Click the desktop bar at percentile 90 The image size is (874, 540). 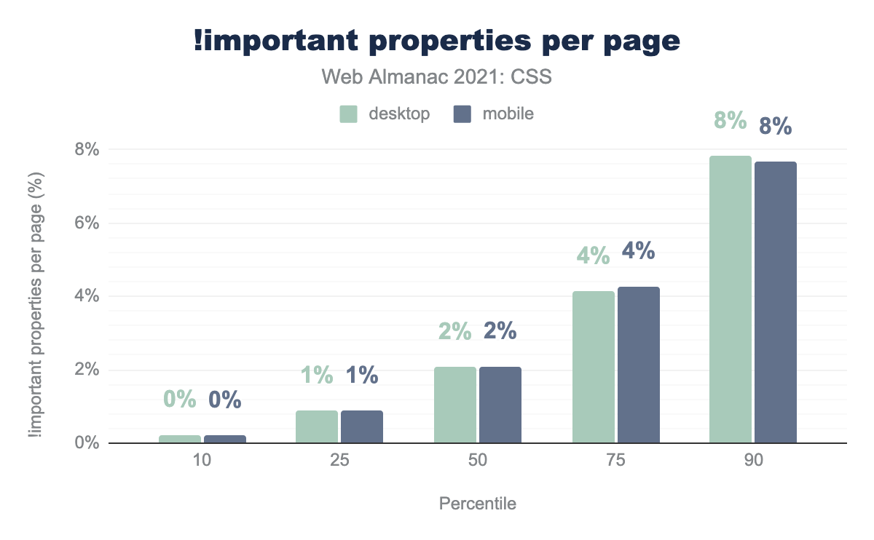coord(730,299)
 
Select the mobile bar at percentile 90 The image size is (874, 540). coord(775,302)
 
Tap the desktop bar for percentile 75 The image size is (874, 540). coord(593,367)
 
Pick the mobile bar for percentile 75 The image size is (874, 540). coord(638,365)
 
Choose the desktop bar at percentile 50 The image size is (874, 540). coord(454,405)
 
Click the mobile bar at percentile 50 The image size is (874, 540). coord(500,405)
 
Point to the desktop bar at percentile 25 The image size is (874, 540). coord(316,426)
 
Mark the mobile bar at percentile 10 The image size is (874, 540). coord(224,439)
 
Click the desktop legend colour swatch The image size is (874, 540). coord(348,114)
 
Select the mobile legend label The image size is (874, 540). coord(507,114)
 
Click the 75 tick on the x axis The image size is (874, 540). coord(615,462)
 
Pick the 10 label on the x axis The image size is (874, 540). coord(202,462)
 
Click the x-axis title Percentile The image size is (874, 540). coord(477,504)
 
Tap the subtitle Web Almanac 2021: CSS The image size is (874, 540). coord(436,77)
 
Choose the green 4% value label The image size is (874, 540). coord(593,255)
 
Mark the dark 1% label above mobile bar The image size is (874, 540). coord(362,375)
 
